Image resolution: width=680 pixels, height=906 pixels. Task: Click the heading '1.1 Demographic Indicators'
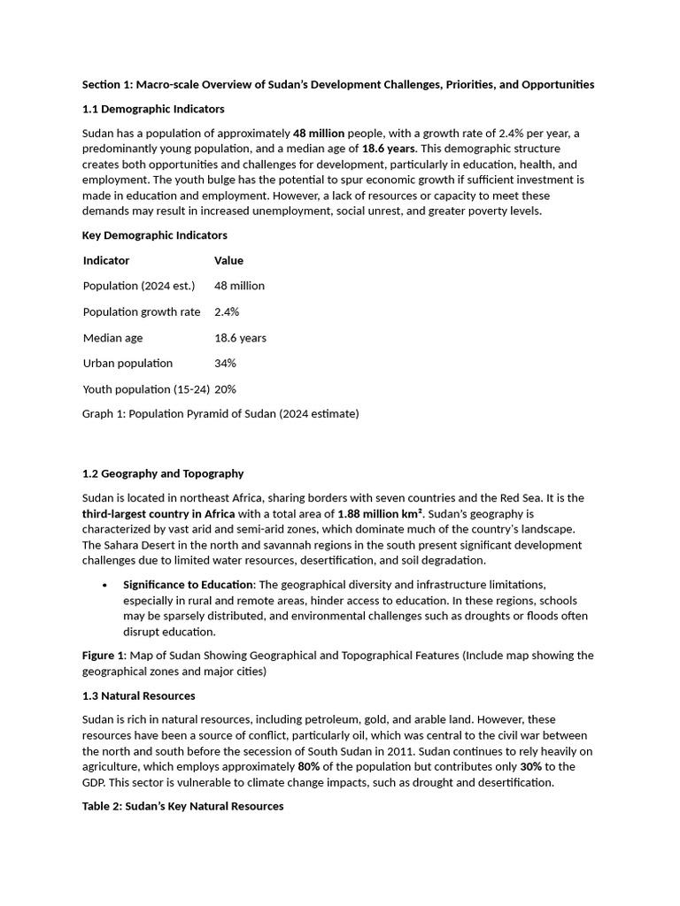(x=153, y=109)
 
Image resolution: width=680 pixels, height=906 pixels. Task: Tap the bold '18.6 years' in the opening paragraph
(x=388, y=149)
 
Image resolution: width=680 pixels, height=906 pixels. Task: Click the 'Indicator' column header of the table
(x=106, y=260)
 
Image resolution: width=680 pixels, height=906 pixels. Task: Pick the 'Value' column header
(x=228, y=260)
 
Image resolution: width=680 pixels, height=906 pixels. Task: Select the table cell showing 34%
(x=225, y=363)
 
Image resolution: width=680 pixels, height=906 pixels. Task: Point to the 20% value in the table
(x=225, y=389)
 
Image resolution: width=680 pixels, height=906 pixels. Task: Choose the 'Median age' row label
(x=112, y=338)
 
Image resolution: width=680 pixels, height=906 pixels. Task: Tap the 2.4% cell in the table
(x=227, y=312)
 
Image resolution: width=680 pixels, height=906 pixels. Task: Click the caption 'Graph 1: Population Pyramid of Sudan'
(x=220, y=413)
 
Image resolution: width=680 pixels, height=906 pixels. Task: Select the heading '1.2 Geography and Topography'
(x=163, y=473)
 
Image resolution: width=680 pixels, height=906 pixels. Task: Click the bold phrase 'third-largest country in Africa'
(x=158, y=514)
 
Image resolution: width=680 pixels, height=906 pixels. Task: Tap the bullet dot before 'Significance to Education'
(x=105, y=585)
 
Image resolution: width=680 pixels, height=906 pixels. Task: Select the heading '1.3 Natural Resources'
(x=139, y=695)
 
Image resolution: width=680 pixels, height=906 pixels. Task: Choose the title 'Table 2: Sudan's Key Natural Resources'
(x=183, y=806)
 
